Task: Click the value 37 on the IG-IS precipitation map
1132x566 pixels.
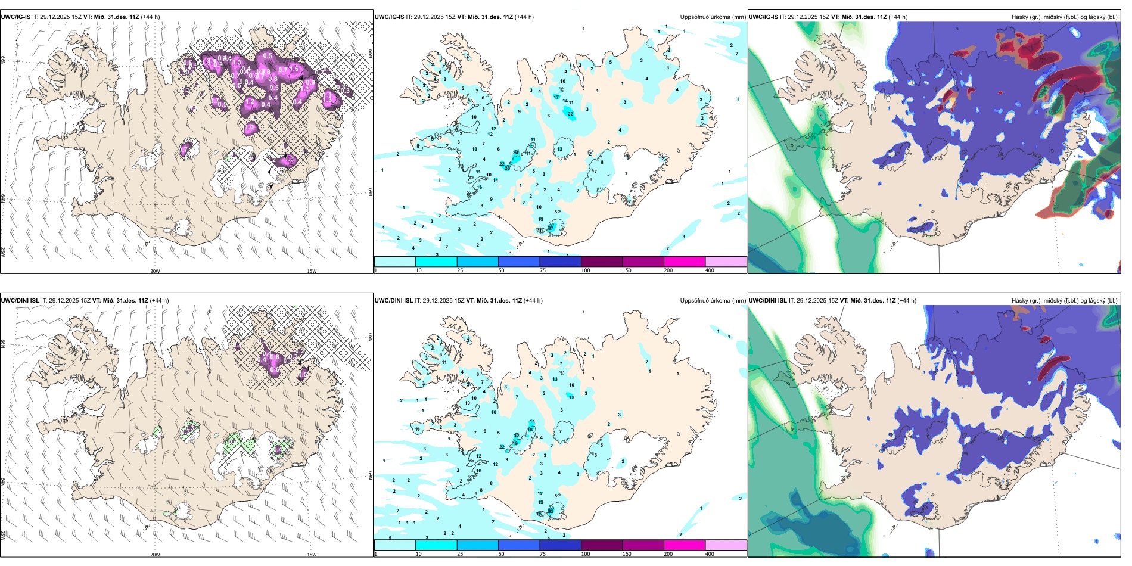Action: (x=551, y=228)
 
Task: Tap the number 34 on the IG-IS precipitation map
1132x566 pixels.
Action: (x=515, y=153)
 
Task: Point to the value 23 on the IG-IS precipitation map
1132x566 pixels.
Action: (x=507, y=169)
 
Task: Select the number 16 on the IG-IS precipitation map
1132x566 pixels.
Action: (x=479, y=187)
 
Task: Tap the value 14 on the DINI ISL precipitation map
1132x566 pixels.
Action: (x=532, y=422)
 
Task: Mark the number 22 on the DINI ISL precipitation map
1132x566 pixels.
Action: (x=502, y=447)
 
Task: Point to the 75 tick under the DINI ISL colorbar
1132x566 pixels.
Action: (x=543, y=554)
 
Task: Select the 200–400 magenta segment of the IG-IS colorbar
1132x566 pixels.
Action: (x=685, y=262)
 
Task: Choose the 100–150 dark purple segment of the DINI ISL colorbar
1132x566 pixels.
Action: (x=602, y=545)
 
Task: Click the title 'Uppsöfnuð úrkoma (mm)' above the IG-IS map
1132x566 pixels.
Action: (x=713, y=17)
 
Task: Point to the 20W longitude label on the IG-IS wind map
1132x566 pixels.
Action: (x=155, y=271)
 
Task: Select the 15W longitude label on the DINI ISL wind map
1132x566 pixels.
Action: (x=311, y=555)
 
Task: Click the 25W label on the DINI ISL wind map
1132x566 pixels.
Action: (x=3, y=536)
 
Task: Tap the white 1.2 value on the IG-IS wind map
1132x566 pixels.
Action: (x=250, y=102)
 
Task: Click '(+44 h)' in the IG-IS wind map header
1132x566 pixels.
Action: (x=148, y=17)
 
